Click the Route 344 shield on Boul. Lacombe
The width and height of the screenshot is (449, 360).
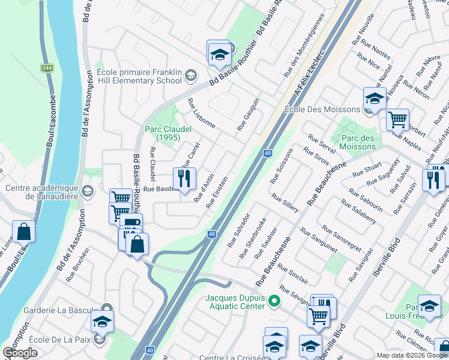[46, 68]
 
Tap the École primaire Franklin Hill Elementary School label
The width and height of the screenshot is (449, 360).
[139, 76]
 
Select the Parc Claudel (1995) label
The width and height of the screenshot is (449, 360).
[168, 133]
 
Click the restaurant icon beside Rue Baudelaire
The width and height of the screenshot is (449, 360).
[184, 179]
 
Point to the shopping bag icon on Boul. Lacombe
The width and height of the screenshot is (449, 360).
[23, 232]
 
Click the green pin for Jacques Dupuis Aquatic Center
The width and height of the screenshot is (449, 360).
[274, 301]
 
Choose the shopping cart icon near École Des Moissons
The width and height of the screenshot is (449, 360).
[397, 119]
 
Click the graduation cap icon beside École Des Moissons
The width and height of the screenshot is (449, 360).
[374, 98]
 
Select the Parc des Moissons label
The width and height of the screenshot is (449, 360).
[358, 142]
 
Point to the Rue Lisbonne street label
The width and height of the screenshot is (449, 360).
[201, 113]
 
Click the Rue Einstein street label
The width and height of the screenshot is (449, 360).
[217, 193]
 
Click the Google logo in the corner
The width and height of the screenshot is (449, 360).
[20, 353]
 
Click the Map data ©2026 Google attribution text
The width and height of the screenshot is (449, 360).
[411, 355]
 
